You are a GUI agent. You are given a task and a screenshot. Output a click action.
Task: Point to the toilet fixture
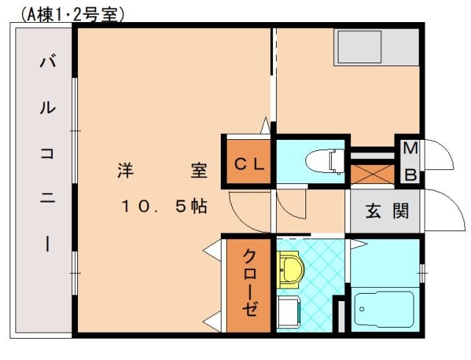tap(323, 159)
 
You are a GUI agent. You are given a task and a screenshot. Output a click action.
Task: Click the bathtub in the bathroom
tap(384, 310)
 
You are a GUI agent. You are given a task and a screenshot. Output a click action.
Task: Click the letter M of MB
tap(411, 149)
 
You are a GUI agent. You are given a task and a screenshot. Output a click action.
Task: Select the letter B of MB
tap(411, 175)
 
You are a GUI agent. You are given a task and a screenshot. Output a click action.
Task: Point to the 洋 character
tap(124, 171)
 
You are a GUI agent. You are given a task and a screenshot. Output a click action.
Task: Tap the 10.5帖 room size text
tap(164, 207)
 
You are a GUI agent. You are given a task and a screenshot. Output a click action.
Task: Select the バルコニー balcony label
tap(46, 155)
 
